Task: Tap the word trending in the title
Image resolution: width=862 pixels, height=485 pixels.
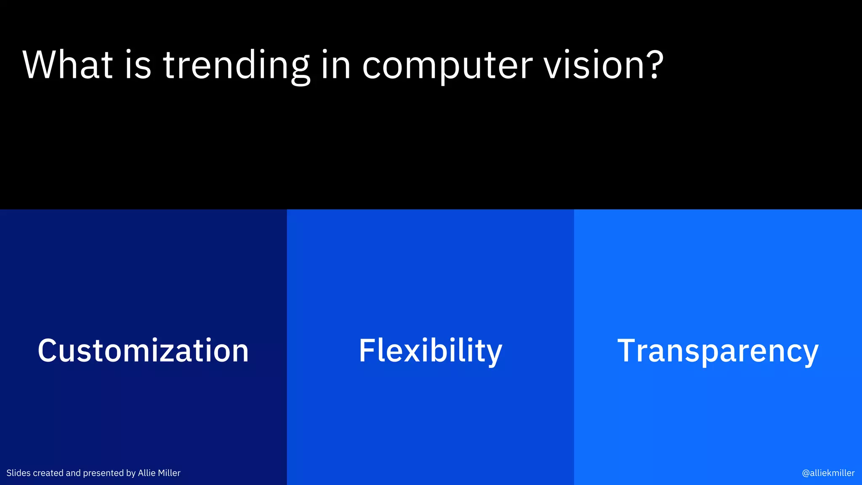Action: tap(236, 65)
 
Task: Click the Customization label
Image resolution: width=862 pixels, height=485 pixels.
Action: tap(143, 350)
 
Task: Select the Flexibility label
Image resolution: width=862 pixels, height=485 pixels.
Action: tap(430, 351)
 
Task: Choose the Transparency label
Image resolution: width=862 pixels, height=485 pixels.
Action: tap(718, 351)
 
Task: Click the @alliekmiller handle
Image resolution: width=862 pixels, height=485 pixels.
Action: tap(828, 473)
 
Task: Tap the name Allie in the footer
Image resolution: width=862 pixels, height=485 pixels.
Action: tap(146, 473)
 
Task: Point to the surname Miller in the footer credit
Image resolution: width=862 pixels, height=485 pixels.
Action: tap(169, 473)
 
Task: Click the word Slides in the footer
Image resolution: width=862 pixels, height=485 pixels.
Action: tap(19, 473)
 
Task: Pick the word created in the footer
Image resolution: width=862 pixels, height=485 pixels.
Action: tap(48, 473)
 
